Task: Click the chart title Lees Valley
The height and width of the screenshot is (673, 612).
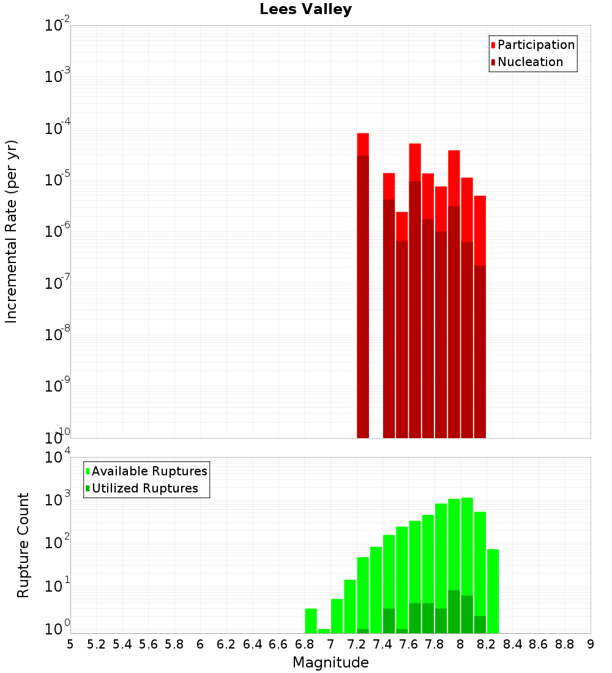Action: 305,9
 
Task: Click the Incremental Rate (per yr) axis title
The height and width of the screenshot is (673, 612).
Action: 12,232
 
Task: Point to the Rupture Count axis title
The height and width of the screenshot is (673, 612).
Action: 23,545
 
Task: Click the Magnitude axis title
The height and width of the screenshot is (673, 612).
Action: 330,663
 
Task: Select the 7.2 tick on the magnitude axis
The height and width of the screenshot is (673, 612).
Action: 356,644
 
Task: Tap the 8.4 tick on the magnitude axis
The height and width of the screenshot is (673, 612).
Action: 512,644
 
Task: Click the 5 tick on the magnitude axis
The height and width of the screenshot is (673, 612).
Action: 70,644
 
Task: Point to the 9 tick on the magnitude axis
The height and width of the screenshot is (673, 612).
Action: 591,644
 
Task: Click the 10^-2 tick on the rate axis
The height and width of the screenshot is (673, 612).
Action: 58,26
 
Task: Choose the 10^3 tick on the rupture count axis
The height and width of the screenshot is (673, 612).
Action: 58,499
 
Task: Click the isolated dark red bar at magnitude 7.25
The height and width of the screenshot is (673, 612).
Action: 363,294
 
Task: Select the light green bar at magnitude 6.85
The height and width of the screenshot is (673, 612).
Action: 311,620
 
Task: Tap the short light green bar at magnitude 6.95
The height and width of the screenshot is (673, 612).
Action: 324,631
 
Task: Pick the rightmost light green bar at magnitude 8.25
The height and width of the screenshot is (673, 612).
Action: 493,590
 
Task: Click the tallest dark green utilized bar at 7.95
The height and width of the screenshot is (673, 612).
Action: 453,612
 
